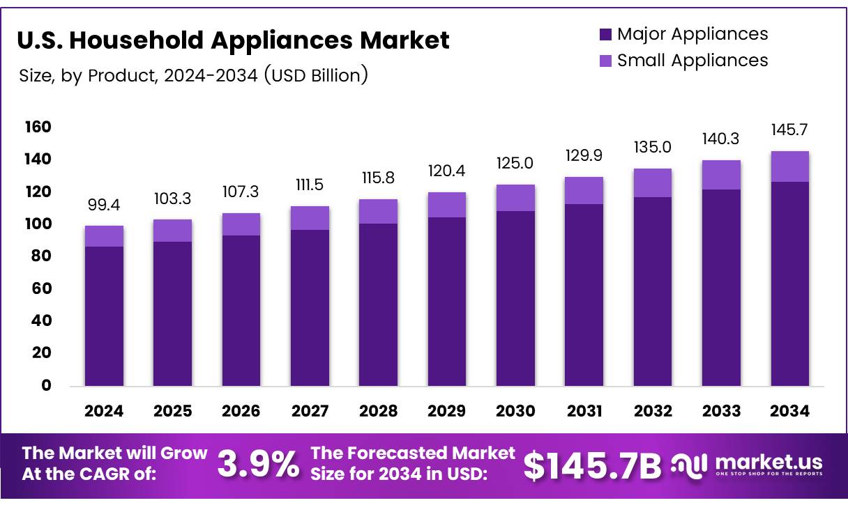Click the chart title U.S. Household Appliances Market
pos(233,40)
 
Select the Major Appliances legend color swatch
pos(605,34)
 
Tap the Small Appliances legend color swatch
pos(605,61)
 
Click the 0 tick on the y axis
pos(46,385)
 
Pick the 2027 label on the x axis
pos(309,411)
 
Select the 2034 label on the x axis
pos(789,411)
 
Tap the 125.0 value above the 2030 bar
pos(515,164)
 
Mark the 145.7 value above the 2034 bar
pos(789,130)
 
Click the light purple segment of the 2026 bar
pos(241,224)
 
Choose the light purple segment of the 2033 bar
pos(721,175)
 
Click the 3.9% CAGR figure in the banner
pos(258,465)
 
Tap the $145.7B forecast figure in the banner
pos(592,465)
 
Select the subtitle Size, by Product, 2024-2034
pos(193,75)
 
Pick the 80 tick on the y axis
pos(41,256)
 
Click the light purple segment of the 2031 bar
pos(584,190)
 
